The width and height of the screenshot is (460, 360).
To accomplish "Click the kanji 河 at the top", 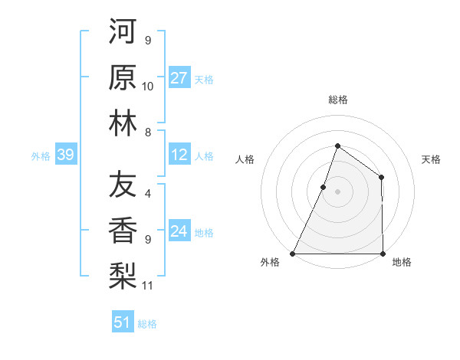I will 123,32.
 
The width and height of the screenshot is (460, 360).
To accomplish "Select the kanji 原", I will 123,77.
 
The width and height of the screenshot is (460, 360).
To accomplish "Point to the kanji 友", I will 123,185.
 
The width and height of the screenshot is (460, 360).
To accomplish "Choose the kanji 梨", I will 123,275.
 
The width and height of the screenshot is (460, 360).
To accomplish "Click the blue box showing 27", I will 179,78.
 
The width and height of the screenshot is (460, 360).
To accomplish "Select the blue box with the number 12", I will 179,155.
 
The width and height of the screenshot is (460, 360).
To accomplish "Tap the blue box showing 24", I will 179,232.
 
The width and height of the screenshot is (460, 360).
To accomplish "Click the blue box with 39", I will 65,155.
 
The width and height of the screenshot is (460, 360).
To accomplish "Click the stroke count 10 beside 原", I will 148,87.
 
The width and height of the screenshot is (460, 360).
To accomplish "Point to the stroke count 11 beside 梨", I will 148,286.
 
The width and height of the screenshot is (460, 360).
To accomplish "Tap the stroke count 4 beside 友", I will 147,195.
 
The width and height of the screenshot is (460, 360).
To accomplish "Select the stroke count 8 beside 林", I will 147,133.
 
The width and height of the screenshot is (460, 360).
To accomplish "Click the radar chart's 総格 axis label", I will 337,100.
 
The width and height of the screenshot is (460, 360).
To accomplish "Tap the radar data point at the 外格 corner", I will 293,254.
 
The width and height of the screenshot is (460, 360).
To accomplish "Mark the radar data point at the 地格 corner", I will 383,254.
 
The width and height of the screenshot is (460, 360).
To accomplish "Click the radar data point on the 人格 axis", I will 324,186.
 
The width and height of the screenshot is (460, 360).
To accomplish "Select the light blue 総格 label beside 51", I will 147,324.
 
